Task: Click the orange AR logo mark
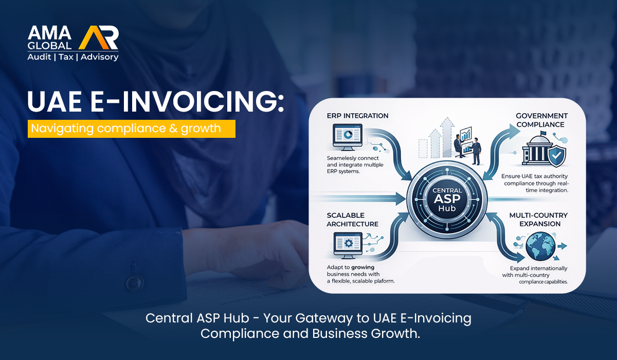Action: [99, 38]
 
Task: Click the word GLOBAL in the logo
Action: [49, 45]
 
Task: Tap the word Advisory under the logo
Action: [99, 57]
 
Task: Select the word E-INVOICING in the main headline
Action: [187, 101]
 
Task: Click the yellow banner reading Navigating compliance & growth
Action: [132, 129]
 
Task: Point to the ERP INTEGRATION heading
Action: [357, 116]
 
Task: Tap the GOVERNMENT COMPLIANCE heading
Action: [542, 120]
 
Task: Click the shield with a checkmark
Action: [557, 156]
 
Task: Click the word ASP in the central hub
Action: [447, 199]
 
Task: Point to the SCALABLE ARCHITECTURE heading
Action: [353, 220]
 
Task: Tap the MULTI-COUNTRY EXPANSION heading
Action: [538, 220]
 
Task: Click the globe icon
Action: [540, 246]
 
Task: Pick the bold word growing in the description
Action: [362, 267]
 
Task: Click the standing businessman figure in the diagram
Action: [476, 151]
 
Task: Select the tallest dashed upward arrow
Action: [446, 137]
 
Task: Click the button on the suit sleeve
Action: [134, 282]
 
